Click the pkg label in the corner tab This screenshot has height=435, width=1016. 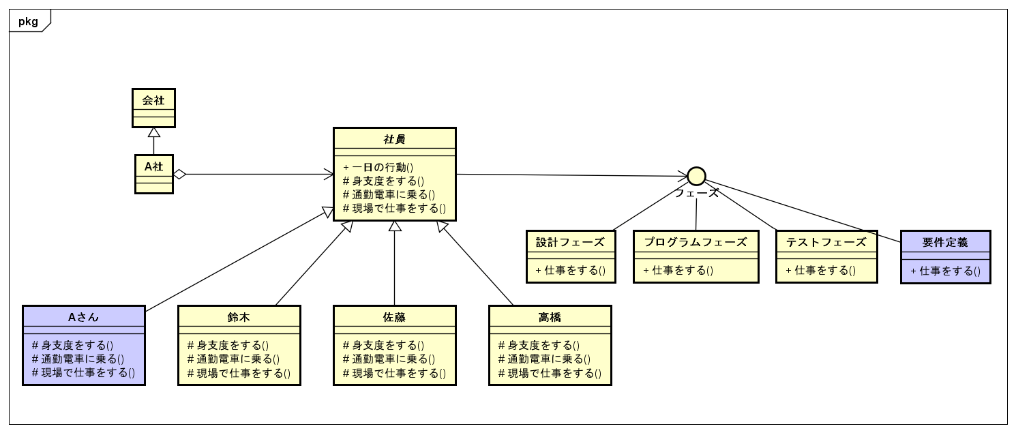28,21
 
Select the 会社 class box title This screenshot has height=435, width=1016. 153,100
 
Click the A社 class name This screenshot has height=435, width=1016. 153,166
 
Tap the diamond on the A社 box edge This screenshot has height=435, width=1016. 179,175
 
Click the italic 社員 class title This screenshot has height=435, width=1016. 394,139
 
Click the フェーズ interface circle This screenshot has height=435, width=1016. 696,176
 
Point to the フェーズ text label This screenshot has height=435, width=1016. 696,193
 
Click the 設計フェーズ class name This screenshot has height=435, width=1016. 571,242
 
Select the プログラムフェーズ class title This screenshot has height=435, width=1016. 696,242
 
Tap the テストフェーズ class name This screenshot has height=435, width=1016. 826,242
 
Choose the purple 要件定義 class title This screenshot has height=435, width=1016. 945,242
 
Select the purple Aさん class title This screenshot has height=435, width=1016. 84,316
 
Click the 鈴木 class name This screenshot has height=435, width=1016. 239,316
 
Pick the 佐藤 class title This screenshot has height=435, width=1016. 394,316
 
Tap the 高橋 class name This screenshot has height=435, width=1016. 550,316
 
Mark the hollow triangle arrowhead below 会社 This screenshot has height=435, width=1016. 153,133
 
